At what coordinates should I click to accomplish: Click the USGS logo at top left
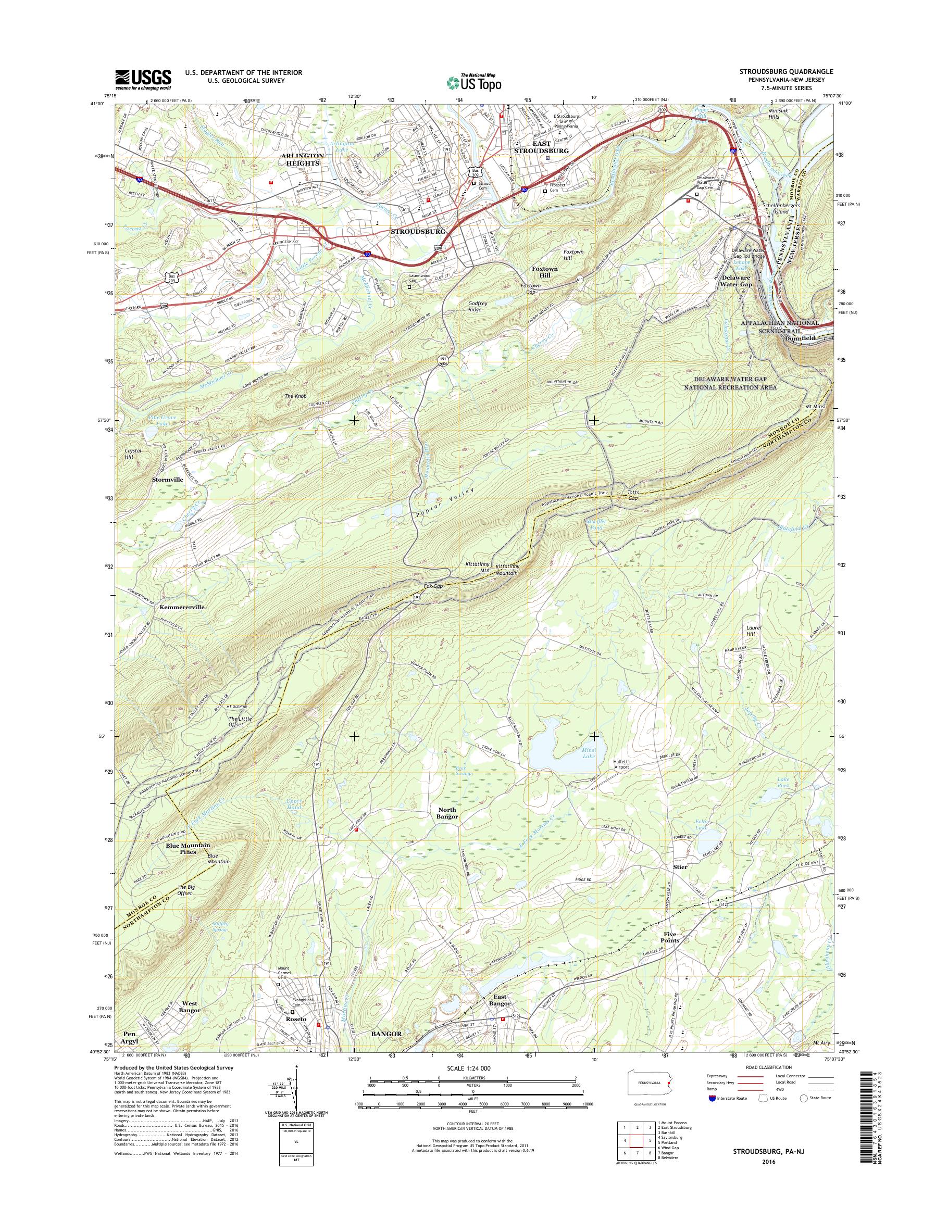143,79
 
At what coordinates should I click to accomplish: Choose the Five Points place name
670,937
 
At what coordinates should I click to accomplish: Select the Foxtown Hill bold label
544,271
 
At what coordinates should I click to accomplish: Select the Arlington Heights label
303,160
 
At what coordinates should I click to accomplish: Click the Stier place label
680,867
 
